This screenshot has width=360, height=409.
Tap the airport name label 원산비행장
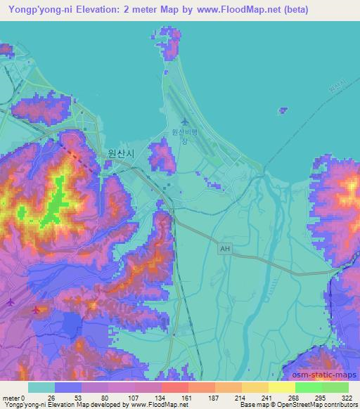tap(186, 136)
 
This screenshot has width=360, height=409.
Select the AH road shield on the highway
tap(225, 248)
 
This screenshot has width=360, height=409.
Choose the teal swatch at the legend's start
tap(41, 387)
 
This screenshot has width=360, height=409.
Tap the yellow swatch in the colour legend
tap(281, 387)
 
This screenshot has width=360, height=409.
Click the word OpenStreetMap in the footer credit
tap(292, 405)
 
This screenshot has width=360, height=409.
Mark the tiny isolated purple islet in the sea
tap(283, 110)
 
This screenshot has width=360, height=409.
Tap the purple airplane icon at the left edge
tap(11, 302)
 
